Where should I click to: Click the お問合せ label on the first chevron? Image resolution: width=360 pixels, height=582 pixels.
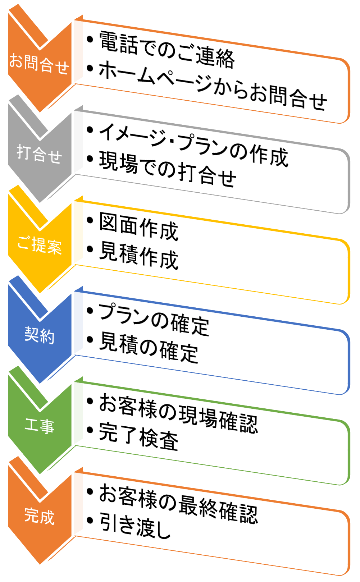tap(39, 64)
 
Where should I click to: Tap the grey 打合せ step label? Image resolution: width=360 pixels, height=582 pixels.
tap(39, 154)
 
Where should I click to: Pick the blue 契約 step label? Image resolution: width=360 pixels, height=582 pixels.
tap(39, 335)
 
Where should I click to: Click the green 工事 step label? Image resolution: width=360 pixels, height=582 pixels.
tap(39, 426)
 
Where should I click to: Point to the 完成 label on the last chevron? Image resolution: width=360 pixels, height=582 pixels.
tap(39, 516)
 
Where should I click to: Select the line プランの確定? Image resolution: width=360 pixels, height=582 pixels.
tap(154, 319)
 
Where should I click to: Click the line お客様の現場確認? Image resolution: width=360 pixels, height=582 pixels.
tap(178, 413)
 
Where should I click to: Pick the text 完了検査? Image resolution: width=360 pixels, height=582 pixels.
tap(139, 436)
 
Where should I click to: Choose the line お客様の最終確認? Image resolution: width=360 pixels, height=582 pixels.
tap(178, 503)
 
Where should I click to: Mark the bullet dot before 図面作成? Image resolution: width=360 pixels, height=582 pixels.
tap(90, 220)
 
